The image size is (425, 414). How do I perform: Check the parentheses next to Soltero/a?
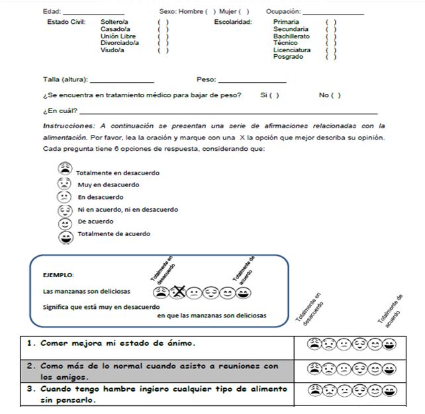tap(163, 22)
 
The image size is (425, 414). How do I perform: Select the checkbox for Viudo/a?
tap(163, 50)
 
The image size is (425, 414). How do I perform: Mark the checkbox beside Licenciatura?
tap(331, 50)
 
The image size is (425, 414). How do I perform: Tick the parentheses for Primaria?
tap(331, 22)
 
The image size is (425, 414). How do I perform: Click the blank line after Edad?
tap(93, 13)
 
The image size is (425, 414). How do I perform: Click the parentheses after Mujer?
tap(244, 11)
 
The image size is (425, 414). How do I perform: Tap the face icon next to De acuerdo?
tap(65, 223)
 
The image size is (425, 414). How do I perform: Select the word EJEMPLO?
tap(58, 274)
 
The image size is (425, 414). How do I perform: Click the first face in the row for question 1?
tap(313, 344)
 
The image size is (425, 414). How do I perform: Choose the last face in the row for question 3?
tap(389, 390)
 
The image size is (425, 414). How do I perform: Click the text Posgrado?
tap(288, 57)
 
